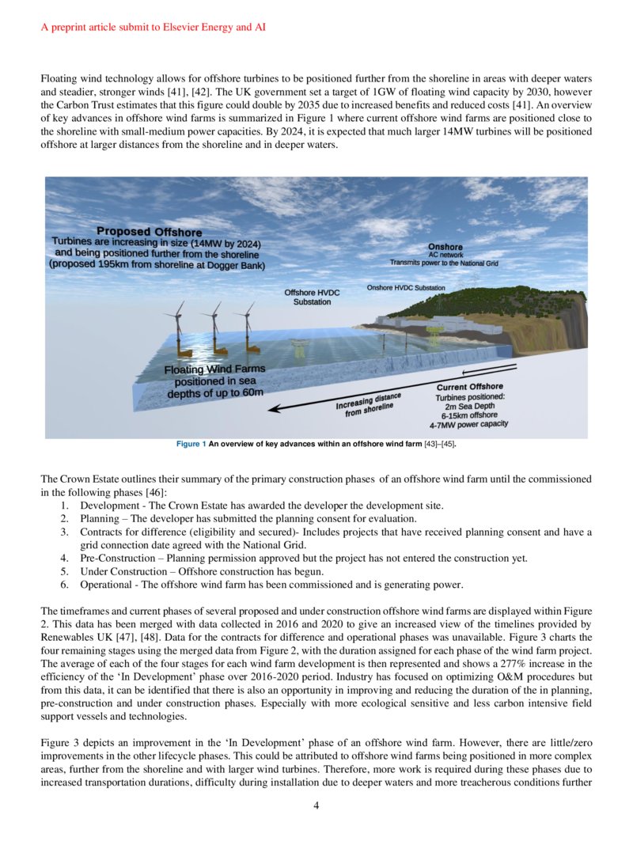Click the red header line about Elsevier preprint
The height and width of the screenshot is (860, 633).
[154, 27]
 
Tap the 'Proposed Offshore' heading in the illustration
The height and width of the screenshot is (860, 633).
[149, 231]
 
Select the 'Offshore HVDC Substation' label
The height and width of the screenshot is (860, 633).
[312, 297]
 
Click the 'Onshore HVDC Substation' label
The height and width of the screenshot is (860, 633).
[406, 287]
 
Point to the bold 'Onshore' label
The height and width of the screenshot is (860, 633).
[445, 247]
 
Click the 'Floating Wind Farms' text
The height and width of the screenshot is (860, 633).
[214, 369]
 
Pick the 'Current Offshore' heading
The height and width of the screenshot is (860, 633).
[469, 387]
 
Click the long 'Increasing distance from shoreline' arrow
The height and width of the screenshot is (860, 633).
[396, 388]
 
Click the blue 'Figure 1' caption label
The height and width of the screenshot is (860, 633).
[191, 444]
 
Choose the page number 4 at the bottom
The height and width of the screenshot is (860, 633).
[316, 806]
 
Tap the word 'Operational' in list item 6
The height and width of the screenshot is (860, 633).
[106, 585]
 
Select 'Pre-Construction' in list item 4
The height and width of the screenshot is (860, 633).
[116, 558]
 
